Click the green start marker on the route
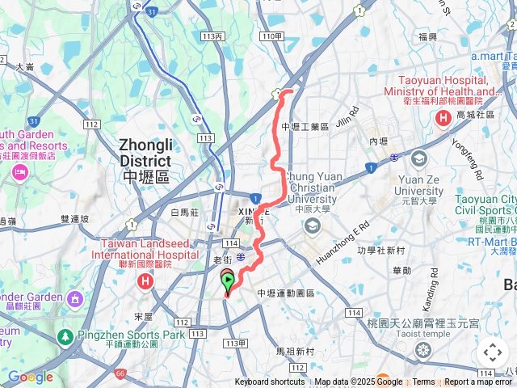point(227,281)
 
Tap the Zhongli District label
point(145,160)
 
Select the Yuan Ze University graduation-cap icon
point(419,157)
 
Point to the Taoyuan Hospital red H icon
point(443,120)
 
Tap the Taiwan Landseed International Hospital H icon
point(145,282)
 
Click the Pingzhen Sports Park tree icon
point(64,335)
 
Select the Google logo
point(30,377)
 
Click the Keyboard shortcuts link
point(270,382)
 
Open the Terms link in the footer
point(423,382)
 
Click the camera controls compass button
point(493,352)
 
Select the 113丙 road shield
point(214,37)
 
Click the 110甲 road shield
point(272,37)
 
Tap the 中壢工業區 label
point(305,127)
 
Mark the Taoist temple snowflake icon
point(422,350)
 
